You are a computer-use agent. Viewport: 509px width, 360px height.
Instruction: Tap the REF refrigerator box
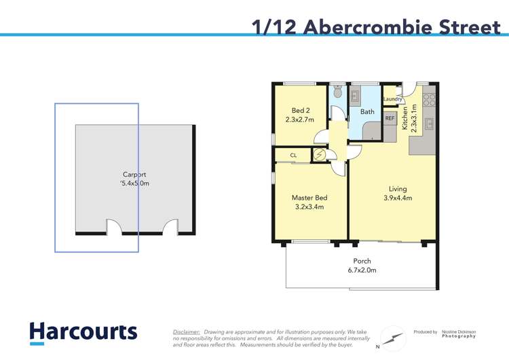(x=390, y=118)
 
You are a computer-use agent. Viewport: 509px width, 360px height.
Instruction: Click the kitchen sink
(x=429, y=124)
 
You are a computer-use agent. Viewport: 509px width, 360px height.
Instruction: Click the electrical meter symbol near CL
(x=319, y=156)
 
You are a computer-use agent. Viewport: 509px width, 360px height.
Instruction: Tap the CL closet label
(x=293, y=156)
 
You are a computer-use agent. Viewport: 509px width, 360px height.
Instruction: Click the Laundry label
(x=392, y=99)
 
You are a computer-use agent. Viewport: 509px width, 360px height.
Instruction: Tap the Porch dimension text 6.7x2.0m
(x=362, y=270)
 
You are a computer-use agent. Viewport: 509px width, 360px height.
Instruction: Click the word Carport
(x=134, y=175)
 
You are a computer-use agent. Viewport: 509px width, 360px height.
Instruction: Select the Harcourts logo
(x=83, y=333)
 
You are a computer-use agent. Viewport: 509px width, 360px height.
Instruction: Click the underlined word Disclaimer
(x=187, y=331)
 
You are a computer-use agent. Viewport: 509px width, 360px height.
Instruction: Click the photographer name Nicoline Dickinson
(x=459, y=332)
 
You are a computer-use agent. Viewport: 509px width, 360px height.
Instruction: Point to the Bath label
(x=367, y=111)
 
